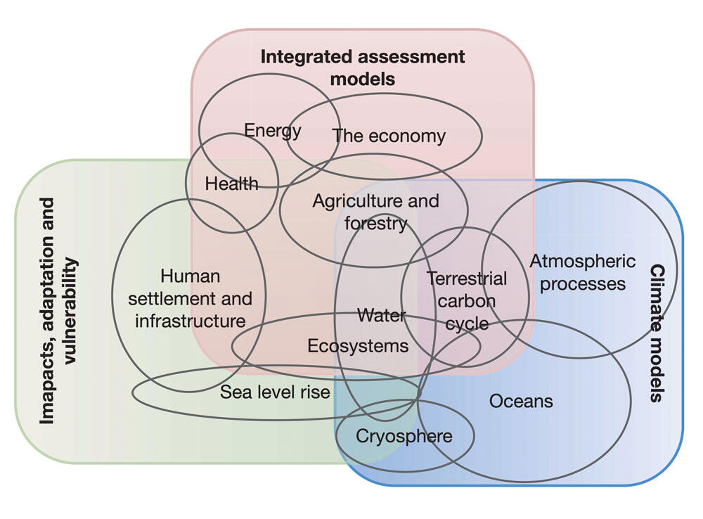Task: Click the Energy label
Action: tap(273, 131)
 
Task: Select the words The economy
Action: tap(389, 136)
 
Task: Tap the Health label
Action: tap(231, 184)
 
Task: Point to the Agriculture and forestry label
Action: tap(375, 212)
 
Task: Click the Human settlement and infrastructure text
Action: tap(190, 299)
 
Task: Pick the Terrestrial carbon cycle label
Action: tap(467, 301)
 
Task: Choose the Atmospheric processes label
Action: tap(583, 272)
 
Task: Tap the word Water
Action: tap(382, 315)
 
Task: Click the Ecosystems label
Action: tap(358, 346)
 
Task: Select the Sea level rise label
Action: tap(275, 392)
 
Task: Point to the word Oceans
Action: tap(521, 401)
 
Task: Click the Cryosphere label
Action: tap(404, 436)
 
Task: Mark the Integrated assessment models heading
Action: tap(363, 68)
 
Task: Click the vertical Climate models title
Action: tap(657, 333)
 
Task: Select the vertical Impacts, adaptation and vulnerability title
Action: tap(58, 311)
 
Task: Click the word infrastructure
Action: tap(190, 321)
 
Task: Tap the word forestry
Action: tap(375, 224)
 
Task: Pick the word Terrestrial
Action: tap(467, 278)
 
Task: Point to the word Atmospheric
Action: tap(583, 261)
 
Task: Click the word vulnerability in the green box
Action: tap(71, 311)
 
